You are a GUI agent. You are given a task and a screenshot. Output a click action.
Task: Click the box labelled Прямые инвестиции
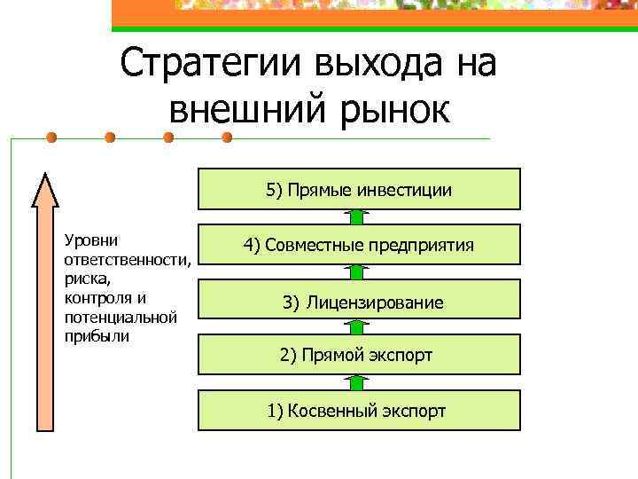pyautogui.click(x=358, y=189)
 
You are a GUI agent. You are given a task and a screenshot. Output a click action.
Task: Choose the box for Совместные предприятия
pyautogui.click(x=358, y=245)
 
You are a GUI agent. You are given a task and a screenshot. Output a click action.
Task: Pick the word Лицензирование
pyautogui.click(x=375, y=302)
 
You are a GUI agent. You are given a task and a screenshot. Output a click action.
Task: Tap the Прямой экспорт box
pyautogui.click(x=358, y=355)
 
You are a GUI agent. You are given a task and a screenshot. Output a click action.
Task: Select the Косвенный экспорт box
pyautogui.click(x=358, y=411)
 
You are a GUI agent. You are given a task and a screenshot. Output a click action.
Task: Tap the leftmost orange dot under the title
pyautogui.click(x=51, y=137)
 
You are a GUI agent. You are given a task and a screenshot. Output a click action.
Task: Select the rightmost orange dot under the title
pyautogui.click(x=226, y=137)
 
